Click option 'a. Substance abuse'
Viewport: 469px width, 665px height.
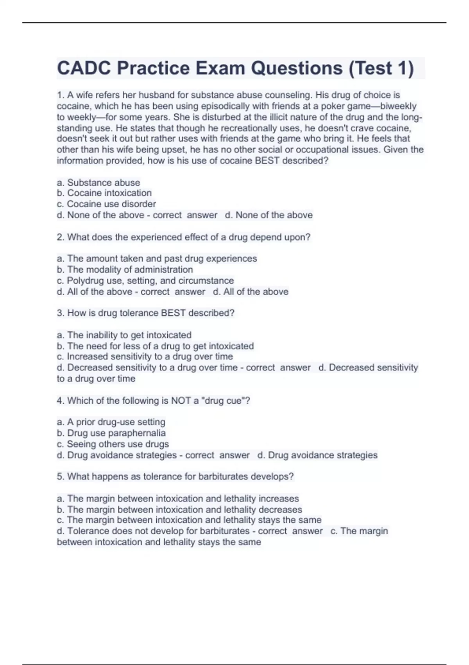coord(98,182)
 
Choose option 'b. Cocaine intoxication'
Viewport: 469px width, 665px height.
coord(104,193)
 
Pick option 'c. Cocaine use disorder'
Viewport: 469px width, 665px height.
coord(106,204)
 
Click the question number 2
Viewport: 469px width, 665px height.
coord(60,237)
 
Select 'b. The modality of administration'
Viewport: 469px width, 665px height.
coord(125,270)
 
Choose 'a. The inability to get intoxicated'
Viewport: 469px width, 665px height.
coord(124,335)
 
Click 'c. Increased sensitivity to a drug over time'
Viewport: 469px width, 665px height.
coord(145,356)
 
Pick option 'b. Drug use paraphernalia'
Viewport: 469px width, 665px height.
coord(111,433)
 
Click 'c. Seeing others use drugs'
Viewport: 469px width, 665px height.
coord(113,444)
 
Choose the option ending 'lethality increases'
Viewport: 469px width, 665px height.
coord(178,498)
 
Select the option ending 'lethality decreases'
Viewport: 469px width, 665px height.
coord(179,509)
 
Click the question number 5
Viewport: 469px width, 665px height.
coord(60,476)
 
